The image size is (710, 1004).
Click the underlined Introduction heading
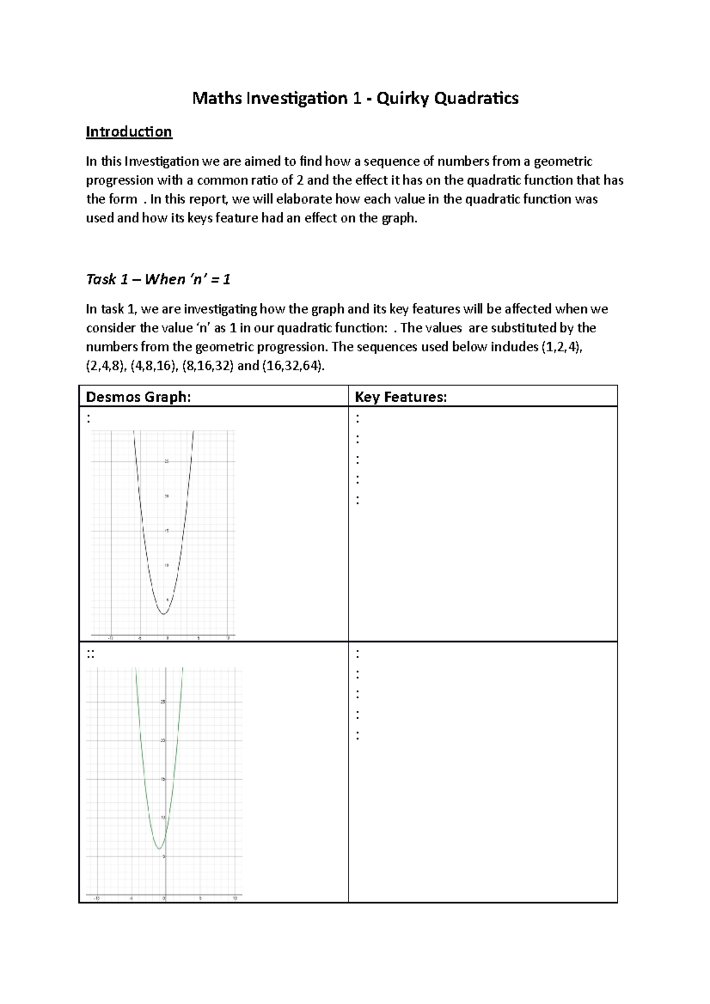coord(129,132)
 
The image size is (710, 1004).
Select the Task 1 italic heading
coord(158,279)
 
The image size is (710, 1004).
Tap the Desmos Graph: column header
coord(138,397)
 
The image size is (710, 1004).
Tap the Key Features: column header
coord(401,397)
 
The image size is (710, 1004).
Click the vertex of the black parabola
coord(164,614)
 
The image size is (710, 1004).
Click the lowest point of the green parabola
coord(160,848)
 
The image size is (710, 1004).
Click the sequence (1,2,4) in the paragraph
coord(561,347)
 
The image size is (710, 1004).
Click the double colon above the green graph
coord(91,654)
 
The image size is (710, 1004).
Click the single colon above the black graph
coord(89,419)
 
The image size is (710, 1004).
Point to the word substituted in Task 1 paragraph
coord(524,328)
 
